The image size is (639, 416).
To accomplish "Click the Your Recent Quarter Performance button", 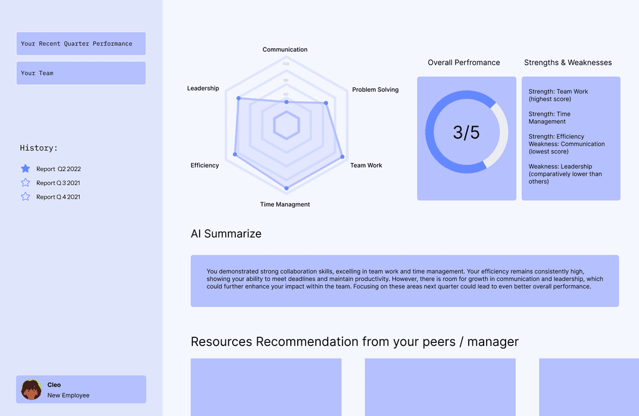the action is [x=81, y=44].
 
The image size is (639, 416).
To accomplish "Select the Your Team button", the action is [x=81, y=73].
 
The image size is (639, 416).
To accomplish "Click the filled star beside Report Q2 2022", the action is [x=25, y=169].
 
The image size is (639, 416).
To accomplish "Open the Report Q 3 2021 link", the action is [x=58, y=183].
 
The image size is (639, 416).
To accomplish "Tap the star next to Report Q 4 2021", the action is [x=25, y=197].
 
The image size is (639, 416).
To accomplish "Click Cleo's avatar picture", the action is [x=31, y=390].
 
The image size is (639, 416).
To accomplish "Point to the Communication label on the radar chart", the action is [x=285, y=49].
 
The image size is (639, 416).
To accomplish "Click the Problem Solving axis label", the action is [x=375, y=90].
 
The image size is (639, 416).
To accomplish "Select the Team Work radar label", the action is [x=366, y=165].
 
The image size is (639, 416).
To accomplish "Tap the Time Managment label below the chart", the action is [x=285, y=204].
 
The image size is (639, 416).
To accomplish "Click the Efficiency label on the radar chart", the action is [x=205, y=165].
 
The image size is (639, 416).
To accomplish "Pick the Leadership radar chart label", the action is [x=203, y=88].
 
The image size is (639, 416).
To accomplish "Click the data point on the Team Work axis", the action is [x=343, y=157].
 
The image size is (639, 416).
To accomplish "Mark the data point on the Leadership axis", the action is [x=239, y=98].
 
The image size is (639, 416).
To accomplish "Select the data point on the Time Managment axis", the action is [x=286, y=188].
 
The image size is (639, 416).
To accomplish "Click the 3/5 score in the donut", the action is [x=466, y=132].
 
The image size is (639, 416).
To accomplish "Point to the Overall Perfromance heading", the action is [x=464, y=62].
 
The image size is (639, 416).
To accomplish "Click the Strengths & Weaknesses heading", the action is [x=568, y=62].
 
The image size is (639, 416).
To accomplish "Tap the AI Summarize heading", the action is [x=226, y=234].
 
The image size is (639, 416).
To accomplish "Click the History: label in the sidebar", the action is [x=39, y=147].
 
